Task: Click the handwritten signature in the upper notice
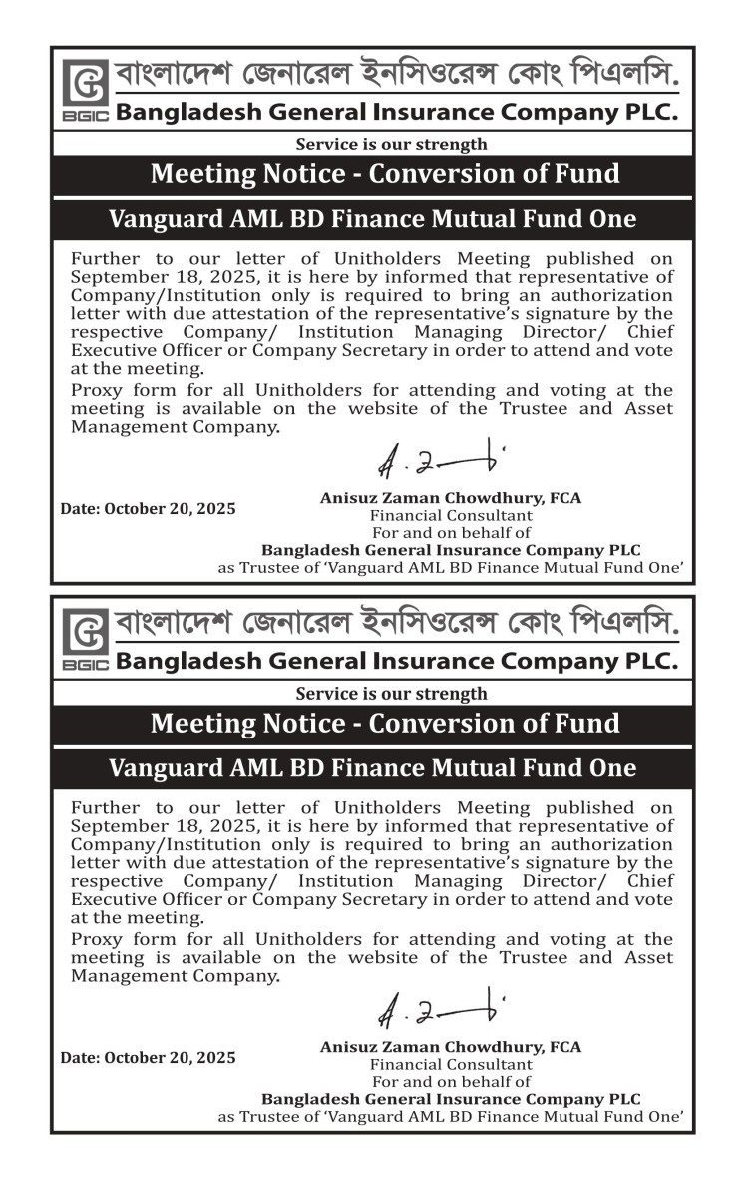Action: point(439,457)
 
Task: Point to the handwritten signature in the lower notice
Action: point(439,1008)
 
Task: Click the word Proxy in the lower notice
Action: point(95,939)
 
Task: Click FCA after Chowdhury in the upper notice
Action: point(563,497)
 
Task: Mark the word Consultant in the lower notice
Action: point(489,1064)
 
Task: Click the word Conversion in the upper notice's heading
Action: point(442,174)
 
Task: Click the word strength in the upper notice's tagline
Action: point(449,146)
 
